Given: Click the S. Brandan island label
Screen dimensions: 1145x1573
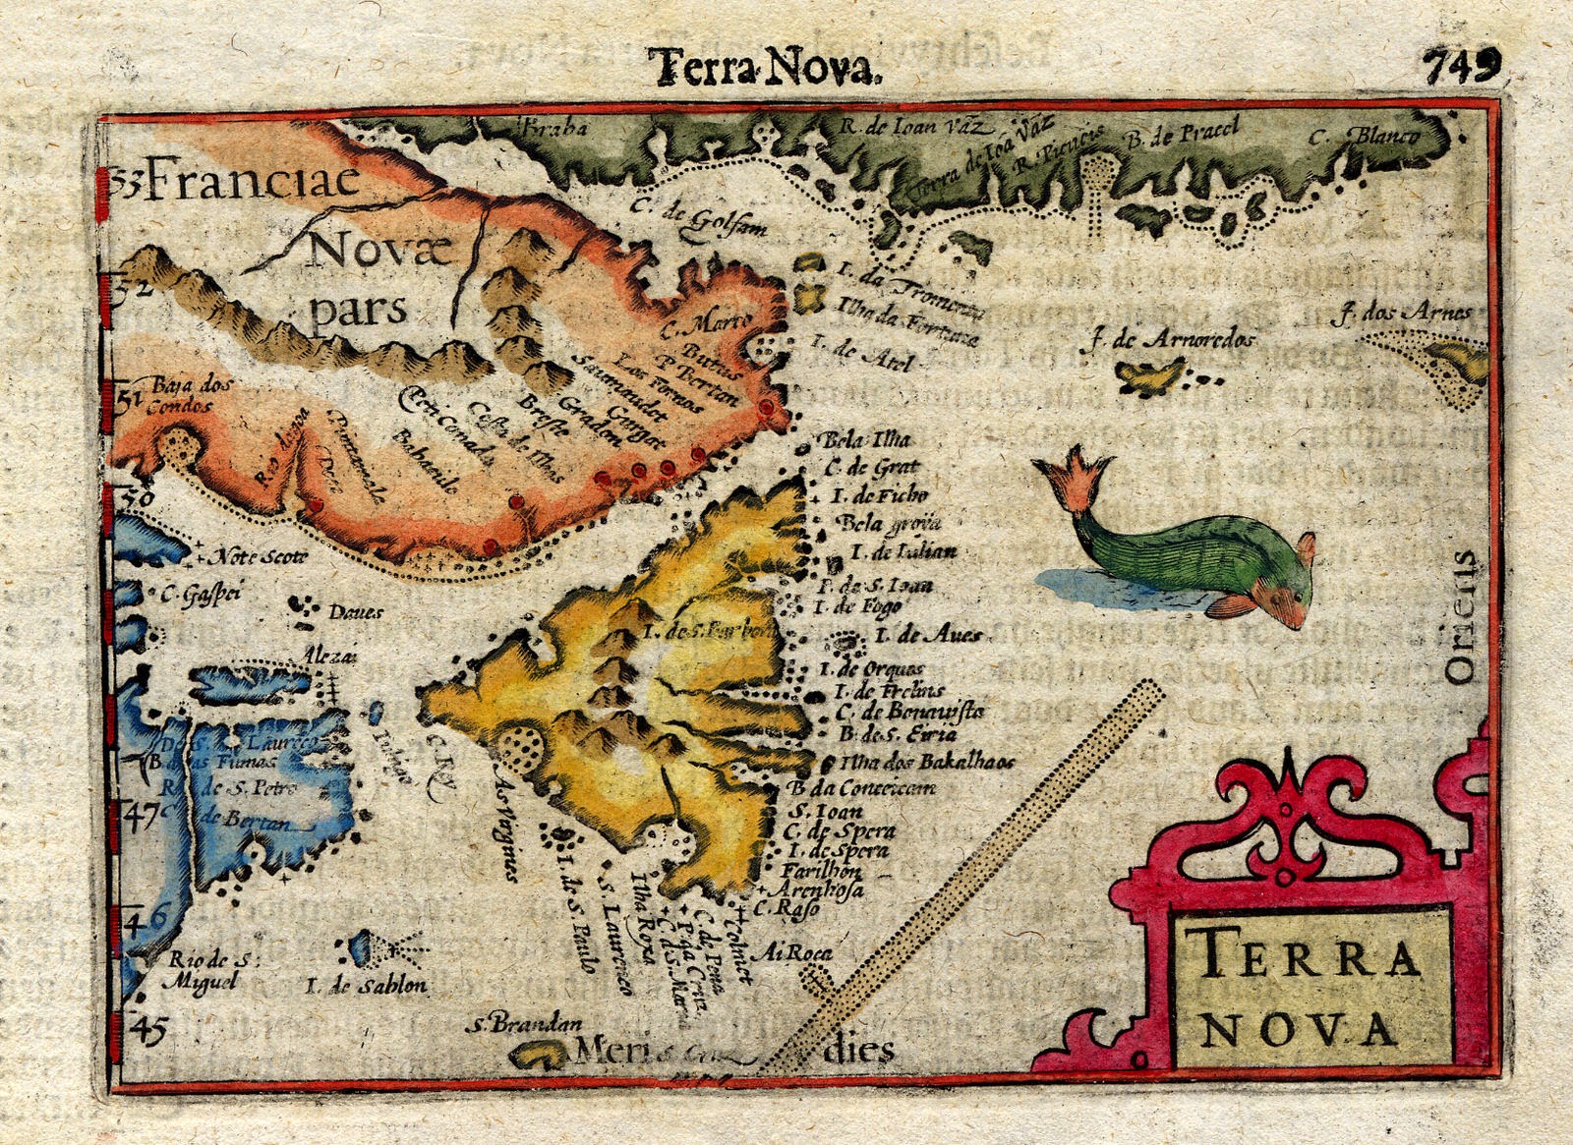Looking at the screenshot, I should click(520, 1025).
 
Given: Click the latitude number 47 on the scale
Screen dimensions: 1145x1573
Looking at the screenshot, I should click(144, 816).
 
